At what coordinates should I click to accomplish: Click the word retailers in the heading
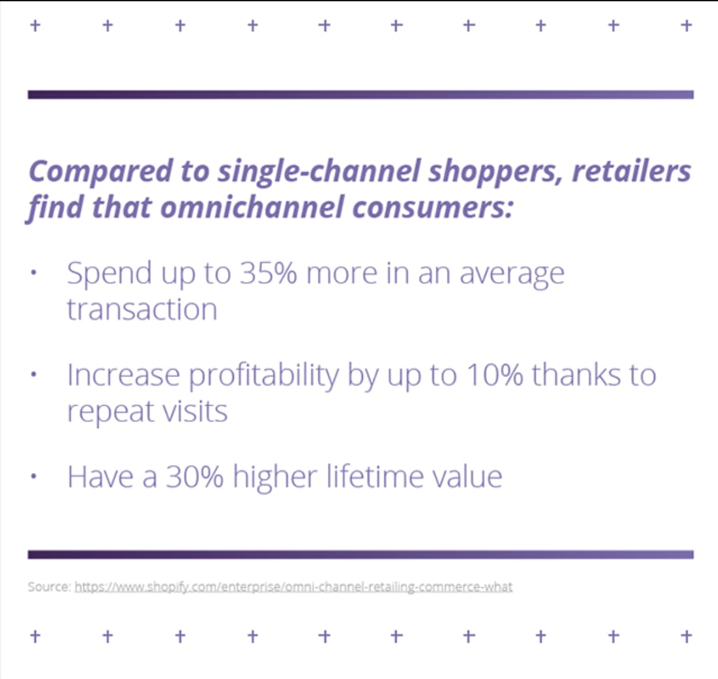point(631,172)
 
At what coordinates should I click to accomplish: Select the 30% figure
point(194,477)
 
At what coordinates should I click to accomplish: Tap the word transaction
point(142,310)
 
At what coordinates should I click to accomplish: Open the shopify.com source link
point(293,587)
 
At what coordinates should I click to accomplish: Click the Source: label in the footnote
point(49,587)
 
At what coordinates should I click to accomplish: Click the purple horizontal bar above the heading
point(360,94)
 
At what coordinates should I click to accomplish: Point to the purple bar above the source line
point(360,554)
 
